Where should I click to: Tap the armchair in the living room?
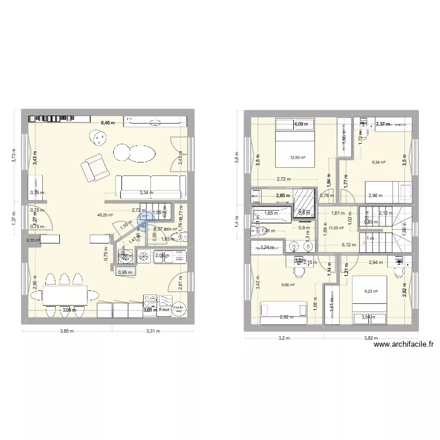(x=95, y=167)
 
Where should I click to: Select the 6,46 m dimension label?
(x=109, y=123)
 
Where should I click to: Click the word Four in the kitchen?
(x=164, y=311)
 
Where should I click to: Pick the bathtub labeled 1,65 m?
(x=270, y=214)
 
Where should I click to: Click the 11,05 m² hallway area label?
(x=336, y=228)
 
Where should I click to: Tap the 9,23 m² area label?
(x=371, y=291)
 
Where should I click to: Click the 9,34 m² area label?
(x=378, y=162)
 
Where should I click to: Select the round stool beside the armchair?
(x=96, y=138)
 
